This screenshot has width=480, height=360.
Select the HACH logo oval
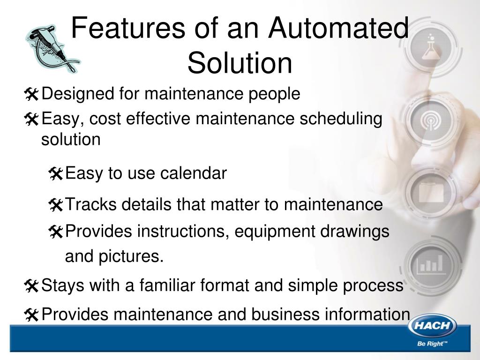(432, 327)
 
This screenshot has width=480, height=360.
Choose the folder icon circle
(429, 192)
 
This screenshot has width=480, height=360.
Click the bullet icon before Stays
(32, 285)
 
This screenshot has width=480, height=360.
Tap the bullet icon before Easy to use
(55, 174)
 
